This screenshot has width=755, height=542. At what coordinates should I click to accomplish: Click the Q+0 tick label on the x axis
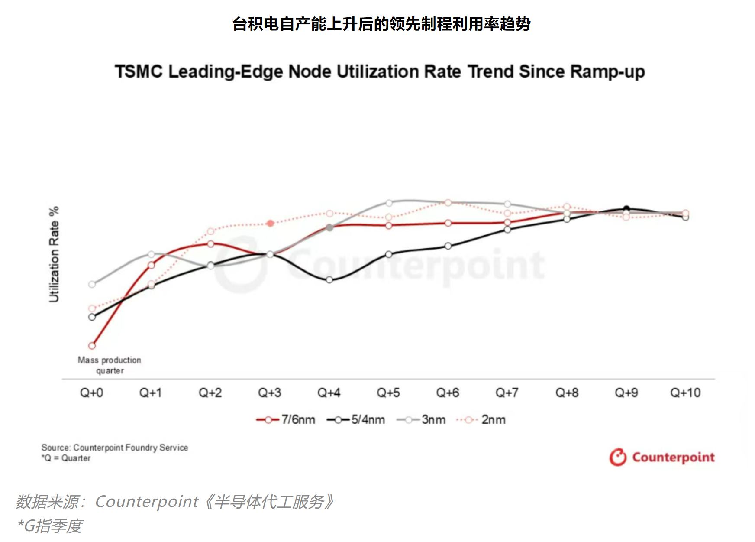[91, 393]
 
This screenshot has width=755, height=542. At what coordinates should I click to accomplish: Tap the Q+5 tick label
[388, 393]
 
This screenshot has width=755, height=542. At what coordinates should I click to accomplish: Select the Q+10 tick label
[685, 393]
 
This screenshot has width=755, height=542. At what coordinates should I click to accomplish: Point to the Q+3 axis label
[269, 393]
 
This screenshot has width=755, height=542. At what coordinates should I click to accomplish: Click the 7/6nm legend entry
[286, 419]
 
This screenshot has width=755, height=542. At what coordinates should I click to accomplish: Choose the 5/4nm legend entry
[356, 419]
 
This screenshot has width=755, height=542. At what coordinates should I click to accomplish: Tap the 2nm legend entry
[481, 419]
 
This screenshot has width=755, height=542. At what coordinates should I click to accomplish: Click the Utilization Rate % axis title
[54, 254]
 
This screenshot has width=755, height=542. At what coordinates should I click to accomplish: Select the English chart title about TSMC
[380, 71]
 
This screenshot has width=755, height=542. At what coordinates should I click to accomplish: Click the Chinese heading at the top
[381, 24]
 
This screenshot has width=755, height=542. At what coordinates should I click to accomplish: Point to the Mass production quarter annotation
[110, 365]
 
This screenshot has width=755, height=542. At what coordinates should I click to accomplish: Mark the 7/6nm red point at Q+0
[92, 346]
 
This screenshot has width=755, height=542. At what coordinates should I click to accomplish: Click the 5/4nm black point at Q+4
[329, 280]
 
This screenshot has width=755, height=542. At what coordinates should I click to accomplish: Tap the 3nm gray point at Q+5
[389, 203]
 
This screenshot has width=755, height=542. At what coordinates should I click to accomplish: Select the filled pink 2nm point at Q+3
[270, 223]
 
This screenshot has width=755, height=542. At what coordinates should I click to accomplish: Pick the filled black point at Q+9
[626, 208]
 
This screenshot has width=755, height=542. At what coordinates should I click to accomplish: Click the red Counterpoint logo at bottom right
[662, 457]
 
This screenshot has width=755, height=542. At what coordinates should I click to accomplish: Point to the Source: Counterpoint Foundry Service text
[115, 448]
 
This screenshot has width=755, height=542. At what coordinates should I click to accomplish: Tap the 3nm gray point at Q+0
[92, 284]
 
